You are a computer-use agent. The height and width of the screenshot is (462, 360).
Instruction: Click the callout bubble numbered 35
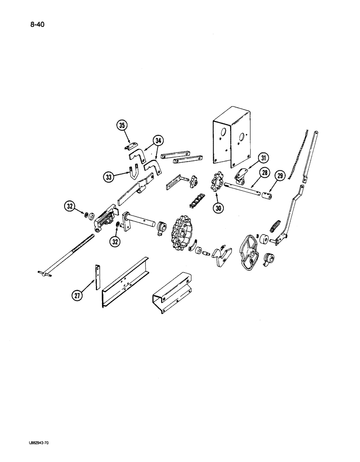point(122,126)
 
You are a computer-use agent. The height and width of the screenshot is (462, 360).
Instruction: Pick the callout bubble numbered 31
point(263,158)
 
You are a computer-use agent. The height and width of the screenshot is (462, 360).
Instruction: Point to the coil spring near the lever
point(274,226)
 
